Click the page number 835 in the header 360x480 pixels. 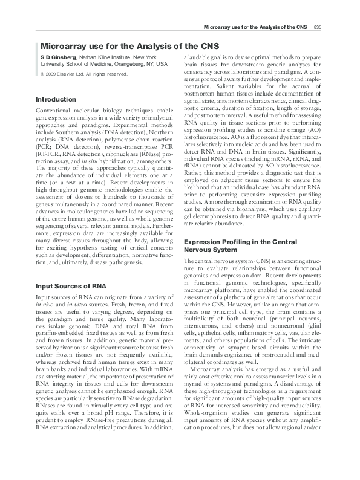(318, 28)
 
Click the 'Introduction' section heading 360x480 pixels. (56, 99)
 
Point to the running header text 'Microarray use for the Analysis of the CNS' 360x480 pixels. (256, 28)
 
